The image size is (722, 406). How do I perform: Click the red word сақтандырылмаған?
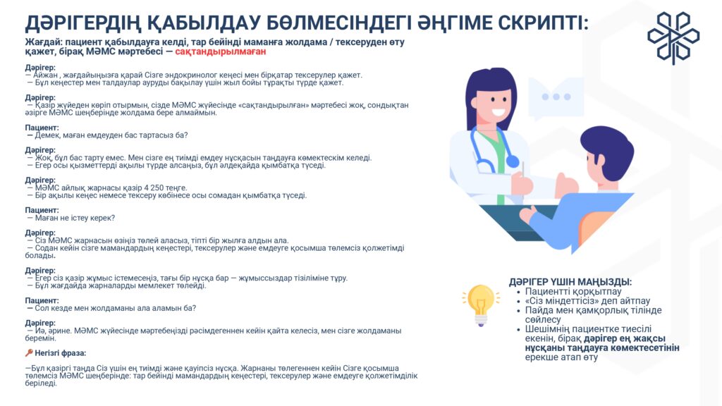click(x=221, y=51)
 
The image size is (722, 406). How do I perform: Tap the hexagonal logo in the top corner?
click(x=673, y=38)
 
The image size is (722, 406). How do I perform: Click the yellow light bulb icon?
click(x=481, y=304)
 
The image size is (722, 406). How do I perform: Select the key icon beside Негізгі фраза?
click(x=28, y=353)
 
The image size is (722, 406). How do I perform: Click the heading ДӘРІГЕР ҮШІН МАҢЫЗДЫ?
click(x=570, y=282)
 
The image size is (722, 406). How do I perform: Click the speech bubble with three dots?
click(x=556, y=97)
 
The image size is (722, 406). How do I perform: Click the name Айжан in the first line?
click(x=45, y=75)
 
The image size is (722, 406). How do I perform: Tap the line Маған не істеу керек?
click(x=75, y=218)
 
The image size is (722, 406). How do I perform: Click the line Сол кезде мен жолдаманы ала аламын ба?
click(x=115, y=309)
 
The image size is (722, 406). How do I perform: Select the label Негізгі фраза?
click(x=61, y=353)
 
